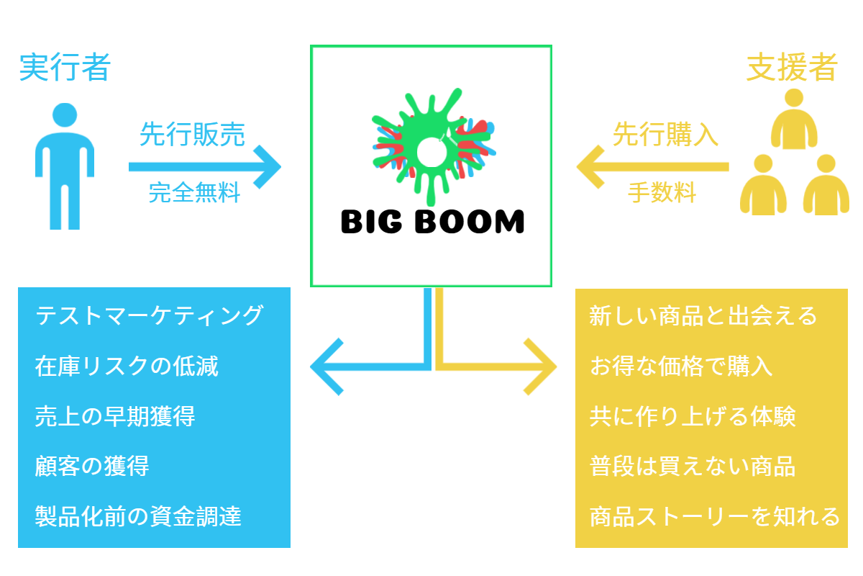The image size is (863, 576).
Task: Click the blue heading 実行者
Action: pyautogui.click(x=65, y=68)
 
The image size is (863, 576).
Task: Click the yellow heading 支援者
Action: pyautogui.click(x=792, y=68)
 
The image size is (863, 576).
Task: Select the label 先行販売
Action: pyautogui.click(x=192, y=135)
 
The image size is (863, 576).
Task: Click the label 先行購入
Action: pyautogui.click(x=665, y=135)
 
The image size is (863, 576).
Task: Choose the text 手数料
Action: pyautogui.click(x=662, y=193)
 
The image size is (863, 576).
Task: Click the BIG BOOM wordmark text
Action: pyautogui.click(x=432, y=222)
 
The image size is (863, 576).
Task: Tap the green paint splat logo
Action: pyautogui.click(x=431, y=148)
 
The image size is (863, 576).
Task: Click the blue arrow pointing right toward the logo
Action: pyautogui.click(x=205, y=167)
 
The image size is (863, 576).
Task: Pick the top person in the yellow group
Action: pyautogui.click(x=794, y=120)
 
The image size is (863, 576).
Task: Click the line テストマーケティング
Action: pyautogui.click(x=149, y=315)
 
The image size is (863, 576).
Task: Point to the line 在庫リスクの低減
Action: pyautogui.click(x=126, y=366)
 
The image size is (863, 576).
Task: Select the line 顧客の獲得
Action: pyautogui.click(x=91, y=467)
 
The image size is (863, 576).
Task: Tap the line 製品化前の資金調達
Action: pyautogui.click(x=137, y=516)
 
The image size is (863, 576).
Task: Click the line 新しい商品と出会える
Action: pyautogui.click(x=703, y=316)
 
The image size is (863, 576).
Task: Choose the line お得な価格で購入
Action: pyautogui.click(x=680, y=366)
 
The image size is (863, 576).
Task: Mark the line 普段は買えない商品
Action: pyautogui.click(x=692, y=467)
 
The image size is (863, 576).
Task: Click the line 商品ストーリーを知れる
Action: pyautogui.click(x=714, y=516)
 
